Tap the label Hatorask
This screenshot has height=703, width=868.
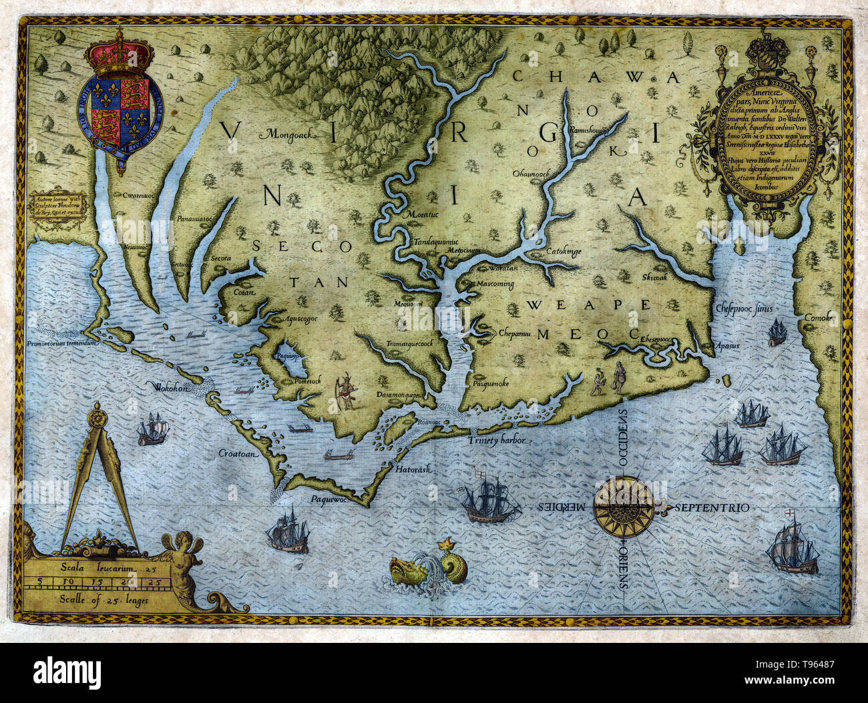[414, 469]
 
